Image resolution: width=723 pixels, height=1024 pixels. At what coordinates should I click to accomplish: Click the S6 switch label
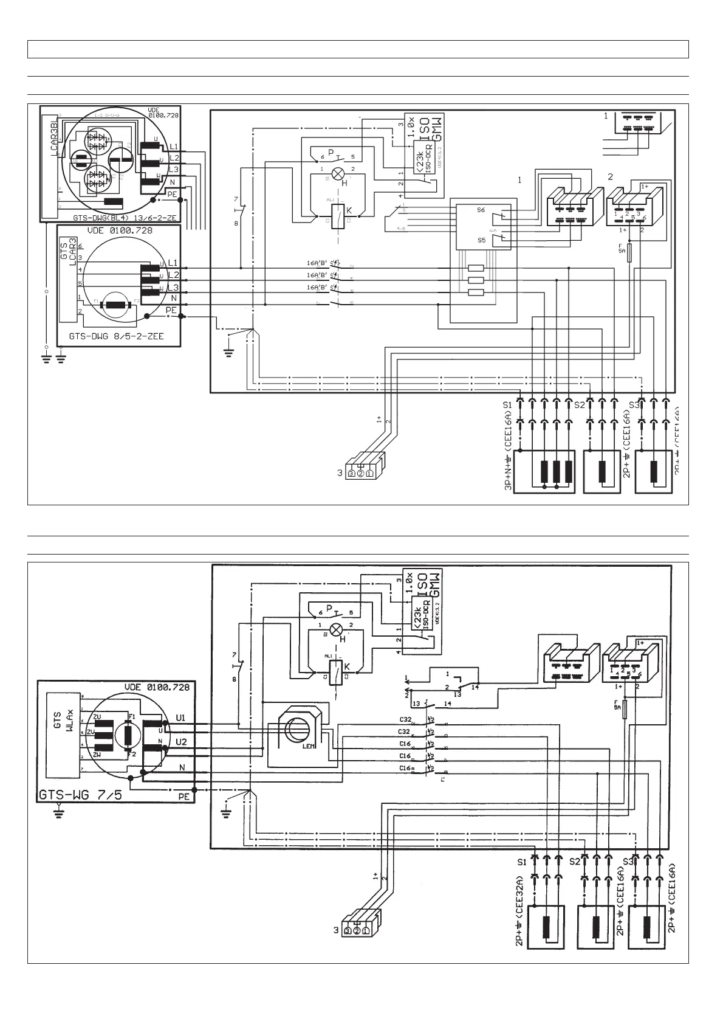(481, 210)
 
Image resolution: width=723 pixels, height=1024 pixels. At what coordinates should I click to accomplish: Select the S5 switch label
(481, 240)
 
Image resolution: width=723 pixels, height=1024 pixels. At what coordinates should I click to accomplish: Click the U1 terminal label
(181, 718)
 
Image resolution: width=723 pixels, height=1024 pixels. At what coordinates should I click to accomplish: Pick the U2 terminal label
(181, 742)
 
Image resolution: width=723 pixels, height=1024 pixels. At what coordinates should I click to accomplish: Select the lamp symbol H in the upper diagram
(340, 172)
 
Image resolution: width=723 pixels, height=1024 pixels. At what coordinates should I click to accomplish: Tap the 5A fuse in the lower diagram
(624, 709)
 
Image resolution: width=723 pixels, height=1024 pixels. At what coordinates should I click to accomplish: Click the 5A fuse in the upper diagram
(629, 252)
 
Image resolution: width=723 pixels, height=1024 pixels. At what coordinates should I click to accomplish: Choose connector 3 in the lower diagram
(357, 930)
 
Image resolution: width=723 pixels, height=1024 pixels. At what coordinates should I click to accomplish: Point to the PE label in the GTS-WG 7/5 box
(183, 796)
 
